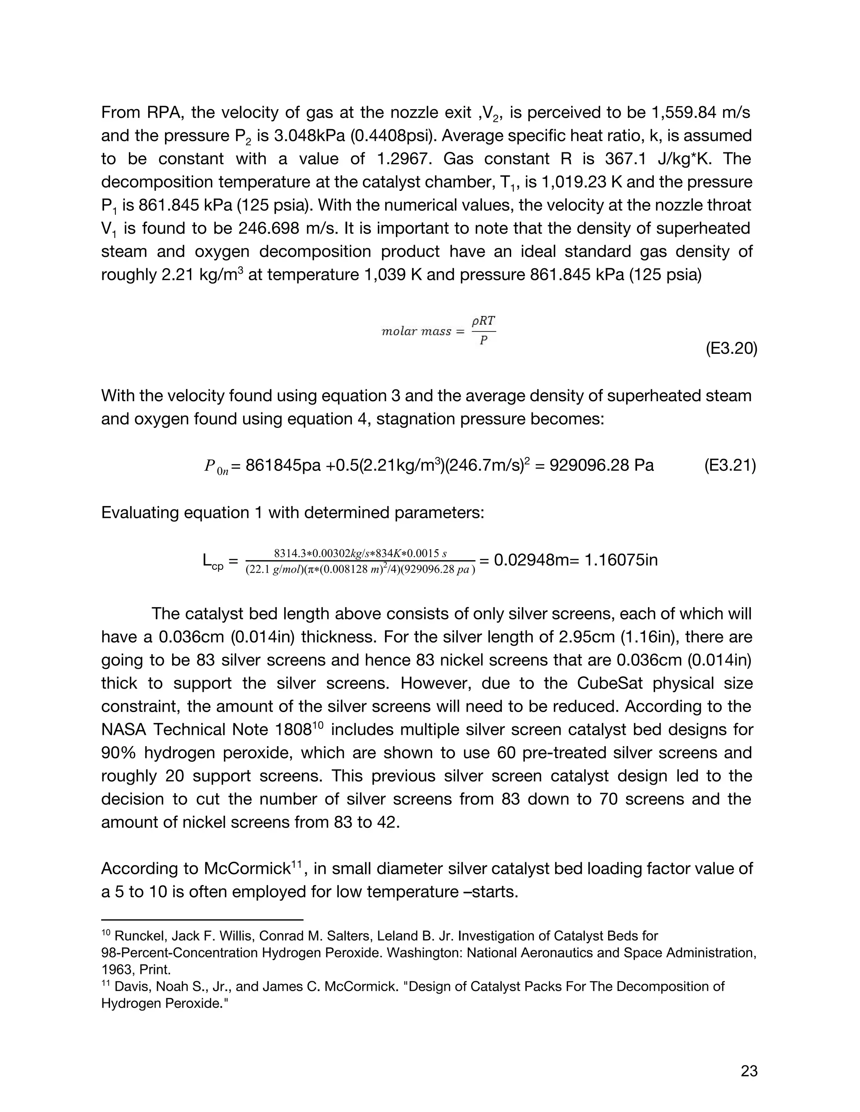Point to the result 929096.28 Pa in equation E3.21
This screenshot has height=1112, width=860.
point(594,465)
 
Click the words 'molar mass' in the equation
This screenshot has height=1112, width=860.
point(416,332)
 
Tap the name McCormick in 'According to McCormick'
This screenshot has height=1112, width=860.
point(246,869)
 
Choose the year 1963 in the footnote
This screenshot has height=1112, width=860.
point(117,969)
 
